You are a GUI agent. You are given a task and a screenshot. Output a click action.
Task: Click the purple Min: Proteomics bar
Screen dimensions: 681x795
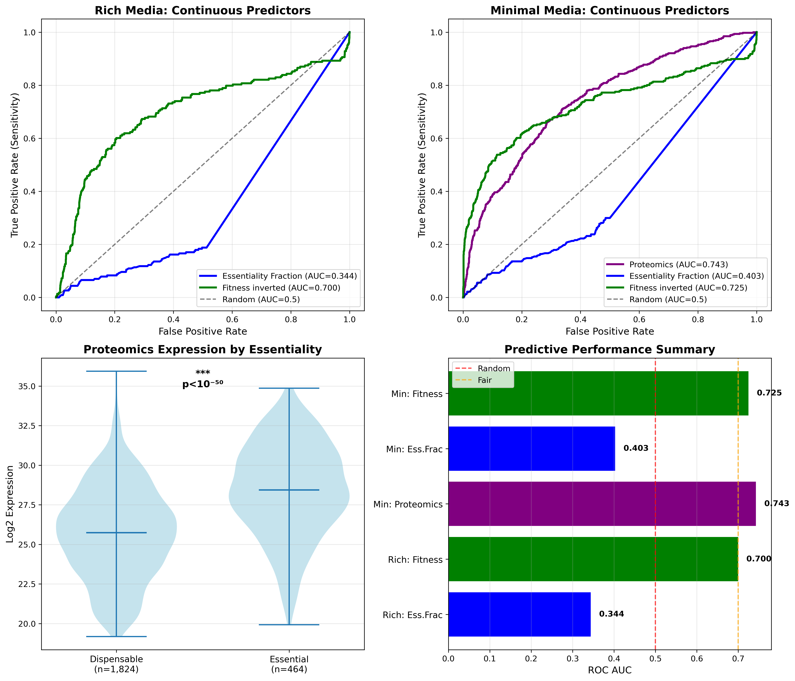602,504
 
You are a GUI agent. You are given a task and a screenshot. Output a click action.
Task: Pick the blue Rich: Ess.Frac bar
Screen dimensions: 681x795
519,614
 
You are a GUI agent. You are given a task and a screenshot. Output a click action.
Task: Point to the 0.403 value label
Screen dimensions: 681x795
636,448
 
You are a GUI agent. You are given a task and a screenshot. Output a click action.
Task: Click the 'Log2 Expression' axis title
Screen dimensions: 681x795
10,504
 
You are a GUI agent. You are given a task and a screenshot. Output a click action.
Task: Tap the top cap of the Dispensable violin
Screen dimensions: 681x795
116,371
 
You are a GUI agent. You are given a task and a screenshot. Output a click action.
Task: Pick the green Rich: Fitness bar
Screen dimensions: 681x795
593,559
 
